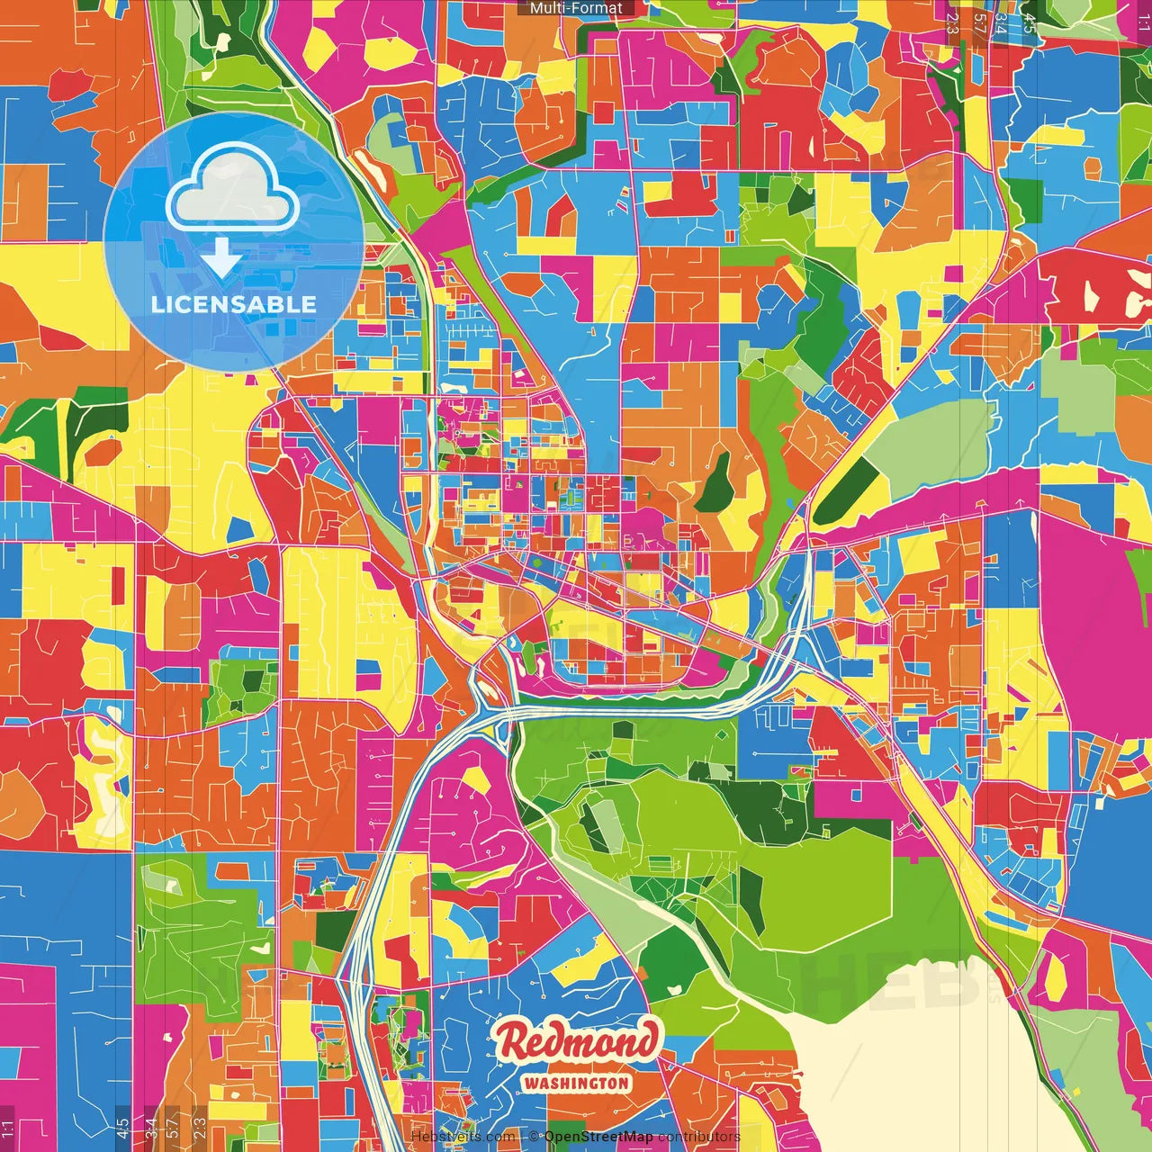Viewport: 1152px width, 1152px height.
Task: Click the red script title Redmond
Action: pyautogui.click(x=576, y=1042)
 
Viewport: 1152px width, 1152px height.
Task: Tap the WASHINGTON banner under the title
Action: pyautogui.click(x=576, y=1083)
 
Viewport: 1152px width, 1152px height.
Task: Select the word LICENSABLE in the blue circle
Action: pyautogui.click(x=234, y=304)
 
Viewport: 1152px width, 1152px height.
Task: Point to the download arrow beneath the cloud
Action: pyautogui.click(x=221, y=258)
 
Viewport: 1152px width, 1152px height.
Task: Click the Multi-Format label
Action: pyautogui.click(x=576, y=8)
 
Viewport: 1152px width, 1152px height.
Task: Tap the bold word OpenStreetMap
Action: pyautogui.click(x=598, y=1137)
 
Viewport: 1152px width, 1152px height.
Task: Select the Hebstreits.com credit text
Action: pyautogui.click(x=463, y=1137)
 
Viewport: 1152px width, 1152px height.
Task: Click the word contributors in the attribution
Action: pyautogui.click(x=698, y=1137)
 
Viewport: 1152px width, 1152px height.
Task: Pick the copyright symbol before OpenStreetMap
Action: pyautogui.click(x=534, y=1137)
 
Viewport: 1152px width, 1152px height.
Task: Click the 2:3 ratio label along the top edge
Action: pyautogui.click(x=952, y=22)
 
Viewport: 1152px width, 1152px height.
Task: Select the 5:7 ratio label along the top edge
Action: pyautogui.click(x=979, y=22)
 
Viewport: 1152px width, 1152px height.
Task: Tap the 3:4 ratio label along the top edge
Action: pyautogui.click(x=1002, y=22)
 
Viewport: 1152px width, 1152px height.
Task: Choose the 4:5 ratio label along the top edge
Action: pyautogui.click(x=1030, y=22)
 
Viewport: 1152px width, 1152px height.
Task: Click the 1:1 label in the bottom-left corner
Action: pyautogui.click(x=8, y=1129)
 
